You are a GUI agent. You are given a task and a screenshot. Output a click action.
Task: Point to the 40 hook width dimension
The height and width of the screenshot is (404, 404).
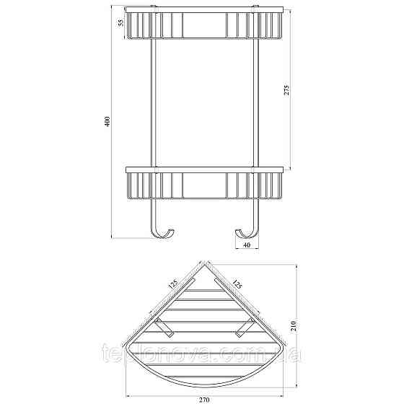point(247,245)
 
